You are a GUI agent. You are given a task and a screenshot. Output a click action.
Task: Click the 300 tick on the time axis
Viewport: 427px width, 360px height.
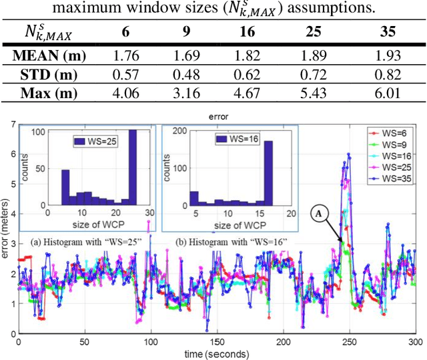(x=415, y=341)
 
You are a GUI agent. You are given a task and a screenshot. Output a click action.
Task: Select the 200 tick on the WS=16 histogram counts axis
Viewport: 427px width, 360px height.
(x=171, y=130)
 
